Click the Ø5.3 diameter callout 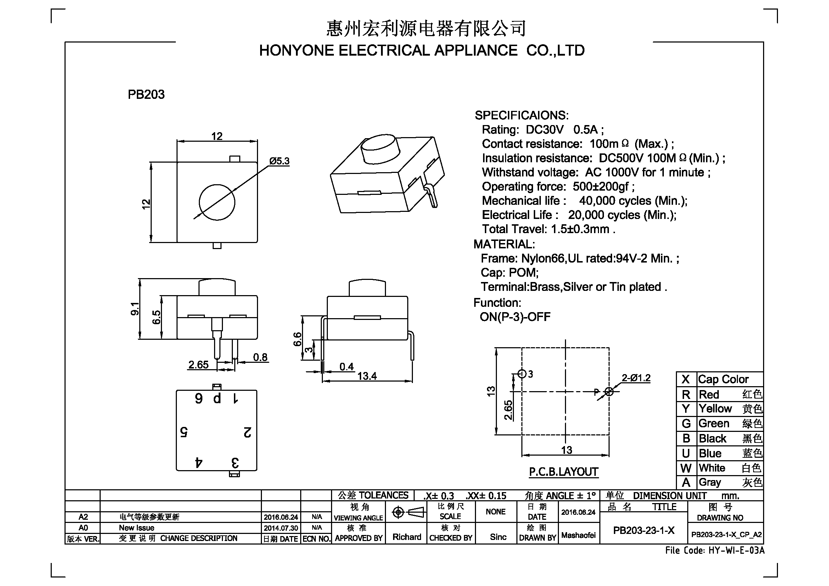pyautogui.click(x=279, y=161)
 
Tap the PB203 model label pyautogui.click(x=146, y=95)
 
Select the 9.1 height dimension pyautogui.click(x=135, y=309)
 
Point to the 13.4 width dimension pyautogui.click(x=367, y=376)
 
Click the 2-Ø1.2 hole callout pyautogui.click(x=636, y=378)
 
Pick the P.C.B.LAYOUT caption pyautogui.click(x=564, y=472)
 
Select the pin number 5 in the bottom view pyautogui.click(x=184, y=432)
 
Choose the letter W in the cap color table pyautogui.click(x=686, y=468)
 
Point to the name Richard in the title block pyautogui.click(x=407, y=537)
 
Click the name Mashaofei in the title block pyautogui.click(x=578, y=535)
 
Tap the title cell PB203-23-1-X pyautogui.click(x=644, y=530)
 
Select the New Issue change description pyautogui.click(x=136, y=528)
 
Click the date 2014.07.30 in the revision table pyautogui.click(x=281, y=528)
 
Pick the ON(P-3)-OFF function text pyautogui.click(x=515, y=317)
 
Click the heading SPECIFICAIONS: pyautogui.click(x=521, y=115)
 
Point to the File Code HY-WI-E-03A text pyautogui.click(x=715, y=550)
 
